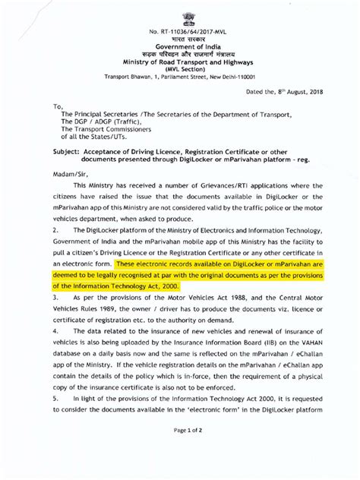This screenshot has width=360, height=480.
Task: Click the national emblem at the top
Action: (x=180, y=14)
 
